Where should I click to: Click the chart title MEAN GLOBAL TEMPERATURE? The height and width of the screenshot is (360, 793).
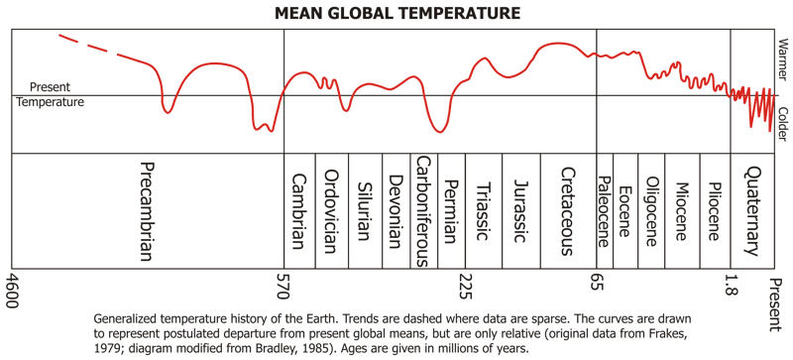397,13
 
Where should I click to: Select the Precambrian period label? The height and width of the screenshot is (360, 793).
146,210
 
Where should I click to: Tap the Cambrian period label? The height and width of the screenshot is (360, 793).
299,212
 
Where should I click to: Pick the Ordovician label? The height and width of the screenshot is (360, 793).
331,210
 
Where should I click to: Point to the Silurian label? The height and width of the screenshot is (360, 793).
365,211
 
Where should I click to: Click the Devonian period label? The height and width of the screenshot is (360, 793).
396,211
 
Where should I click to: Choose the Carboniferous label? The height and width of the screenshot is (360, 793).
423,210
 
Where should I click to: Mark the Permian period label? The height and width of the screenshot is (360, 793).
451,211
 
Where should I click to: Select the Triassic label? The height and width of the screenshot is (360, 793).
484,211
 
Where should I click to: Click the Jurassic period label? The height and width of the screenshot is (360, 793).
521,211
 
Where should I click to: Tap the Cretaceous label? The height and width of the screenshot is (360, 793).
568,211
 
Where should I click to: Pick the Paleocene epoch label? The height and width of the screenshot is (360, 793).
604,211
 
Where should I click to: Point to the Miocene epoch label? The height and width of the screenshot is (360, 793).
681,211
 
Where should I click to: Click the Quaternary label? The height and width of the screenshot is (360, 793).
751,211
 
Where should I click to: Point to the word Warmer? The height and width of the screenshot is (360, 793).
782,60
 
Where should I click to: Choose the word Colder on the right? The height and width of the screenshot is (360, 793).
782,124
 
